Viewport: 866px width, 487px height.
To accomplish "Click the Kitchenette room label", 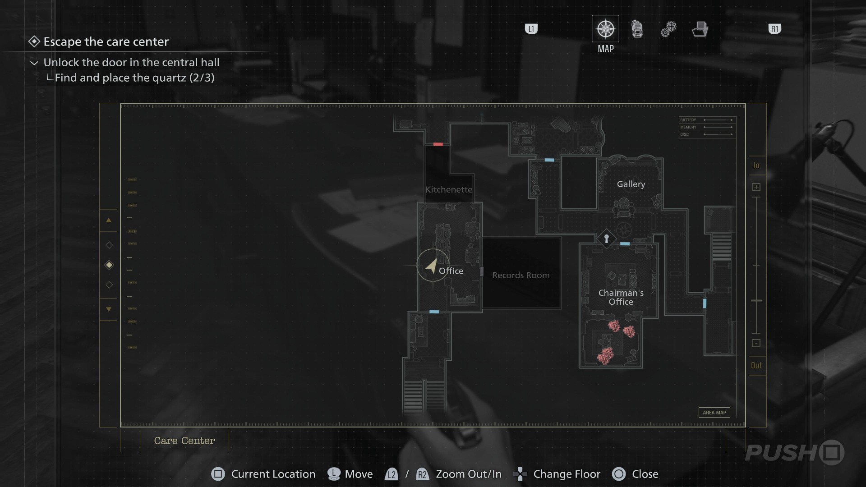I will [x=448, y=189].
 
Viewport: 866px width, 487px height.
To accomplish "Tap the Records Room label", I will [x=521, y=275].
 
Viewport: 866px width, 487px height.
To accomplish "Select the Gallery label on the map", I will [x=631, y=184].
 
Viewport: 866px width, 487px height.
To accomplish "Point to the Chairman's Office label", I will [x=621, y=297].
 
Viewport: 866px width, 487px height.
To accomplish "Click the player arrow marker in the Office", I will [x=432, y=266].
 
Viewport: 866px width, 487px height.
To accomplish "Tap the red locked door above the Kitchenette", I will [x=438, y=144].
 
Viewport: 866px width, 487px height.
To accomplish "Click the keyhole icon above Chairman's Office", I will [x=606, y=238].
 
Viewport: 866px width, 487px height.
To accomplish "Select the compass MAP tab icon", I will [x=605, y=29].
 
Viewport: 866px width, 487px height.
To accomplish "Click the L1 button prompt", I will [x=531, y=29].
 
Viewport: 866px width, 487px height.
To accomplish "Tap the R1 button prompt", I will [x=774, y=29].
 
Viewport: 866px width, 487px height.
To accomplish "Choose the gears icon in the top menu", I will [x=668, y=29].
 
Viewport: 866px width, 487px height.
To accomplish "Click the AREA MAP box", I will [x=714, y=413].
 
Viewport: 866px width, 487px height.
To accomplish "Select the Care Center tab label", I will [x=184, y=441].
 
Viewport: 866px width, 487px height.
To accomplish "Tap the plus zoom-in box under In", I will [x=756, y=187].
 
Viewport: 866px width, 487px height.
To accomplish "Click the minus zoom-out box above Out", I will [x=756, y=343].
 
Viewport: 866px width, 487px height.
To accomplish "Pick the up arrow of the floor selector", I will [x=109, y=220].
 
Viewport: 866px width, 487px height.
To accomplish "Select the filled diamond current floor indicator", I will [x=109, y=265].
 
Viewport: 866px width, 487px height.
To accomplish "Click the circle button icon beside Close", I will [x=618, y=474].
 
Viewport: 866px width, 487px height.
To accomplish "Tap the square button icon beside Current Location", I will [x=218, y=474].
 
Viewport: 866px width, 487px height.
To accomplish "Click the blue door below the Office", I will [x=434, y=312].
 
